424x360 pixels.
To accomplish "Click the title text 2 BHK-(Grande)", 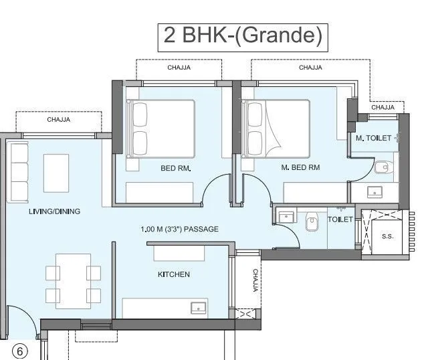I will pyautogui.click(x=243, y=36).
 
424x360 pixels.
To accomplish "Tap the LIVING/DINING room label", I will pyautogui.click(x=54, y=211).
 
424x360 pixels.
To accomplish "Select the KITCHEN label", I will pyautogui.click(x=173, y=274).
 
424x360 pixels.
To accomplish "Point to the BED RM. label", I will pyautogui.click(x=176, y=169).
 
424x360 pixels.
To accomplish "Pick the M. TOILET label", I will pyautogui.click(x=368, y=139).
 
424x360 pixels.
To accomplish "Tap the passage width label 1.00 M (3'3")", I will pyautogui.click(x=180, y=230).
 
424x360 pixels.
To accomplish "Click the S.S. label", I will pyautogui.click(x=387, y=236).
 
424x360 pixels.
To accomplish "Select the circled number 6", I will pyautogui.click(x=20, y=350).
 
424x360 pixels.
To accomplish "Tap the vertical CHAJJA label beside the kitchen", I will pyautogui.click(x=255, y=281).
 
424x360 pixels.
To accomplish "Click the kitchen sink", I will pyautogui.click(x=199, y=307).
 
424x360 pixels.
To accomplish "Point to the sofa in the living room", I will pyautogui.click(x=19, y=172).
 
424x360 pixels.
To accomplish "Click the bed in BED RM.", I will pyautogui.click(x=160, y=128).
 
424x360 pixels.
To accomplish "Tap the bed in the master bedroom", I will pyautogui.click(x=276, y=128).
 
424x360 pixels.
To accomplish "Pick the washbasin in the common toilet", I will pyautogui.click(x=288, y=215).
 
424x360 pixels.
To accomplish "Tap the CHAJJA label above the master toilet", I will pyautogui.click(x=383, y=107).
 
